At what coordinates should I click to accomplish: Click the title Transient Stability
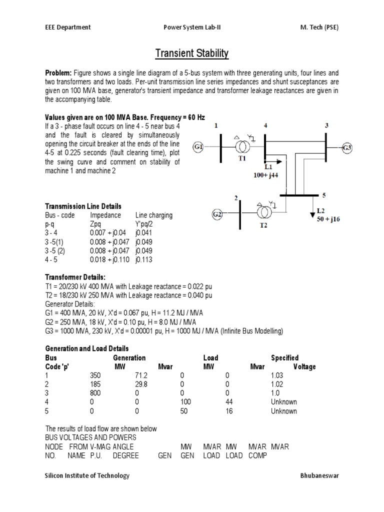192,53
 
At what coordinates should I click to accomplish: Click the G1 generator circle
199,147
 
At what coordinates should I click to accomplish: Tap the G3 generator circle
347,147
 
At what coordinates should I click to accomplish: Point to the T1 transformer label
242,158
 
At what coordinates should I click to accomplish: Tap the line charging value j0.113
144,260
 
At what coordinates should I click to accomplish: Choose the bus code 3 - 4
53,233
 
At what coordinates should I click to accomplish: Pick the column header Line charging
154,215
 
